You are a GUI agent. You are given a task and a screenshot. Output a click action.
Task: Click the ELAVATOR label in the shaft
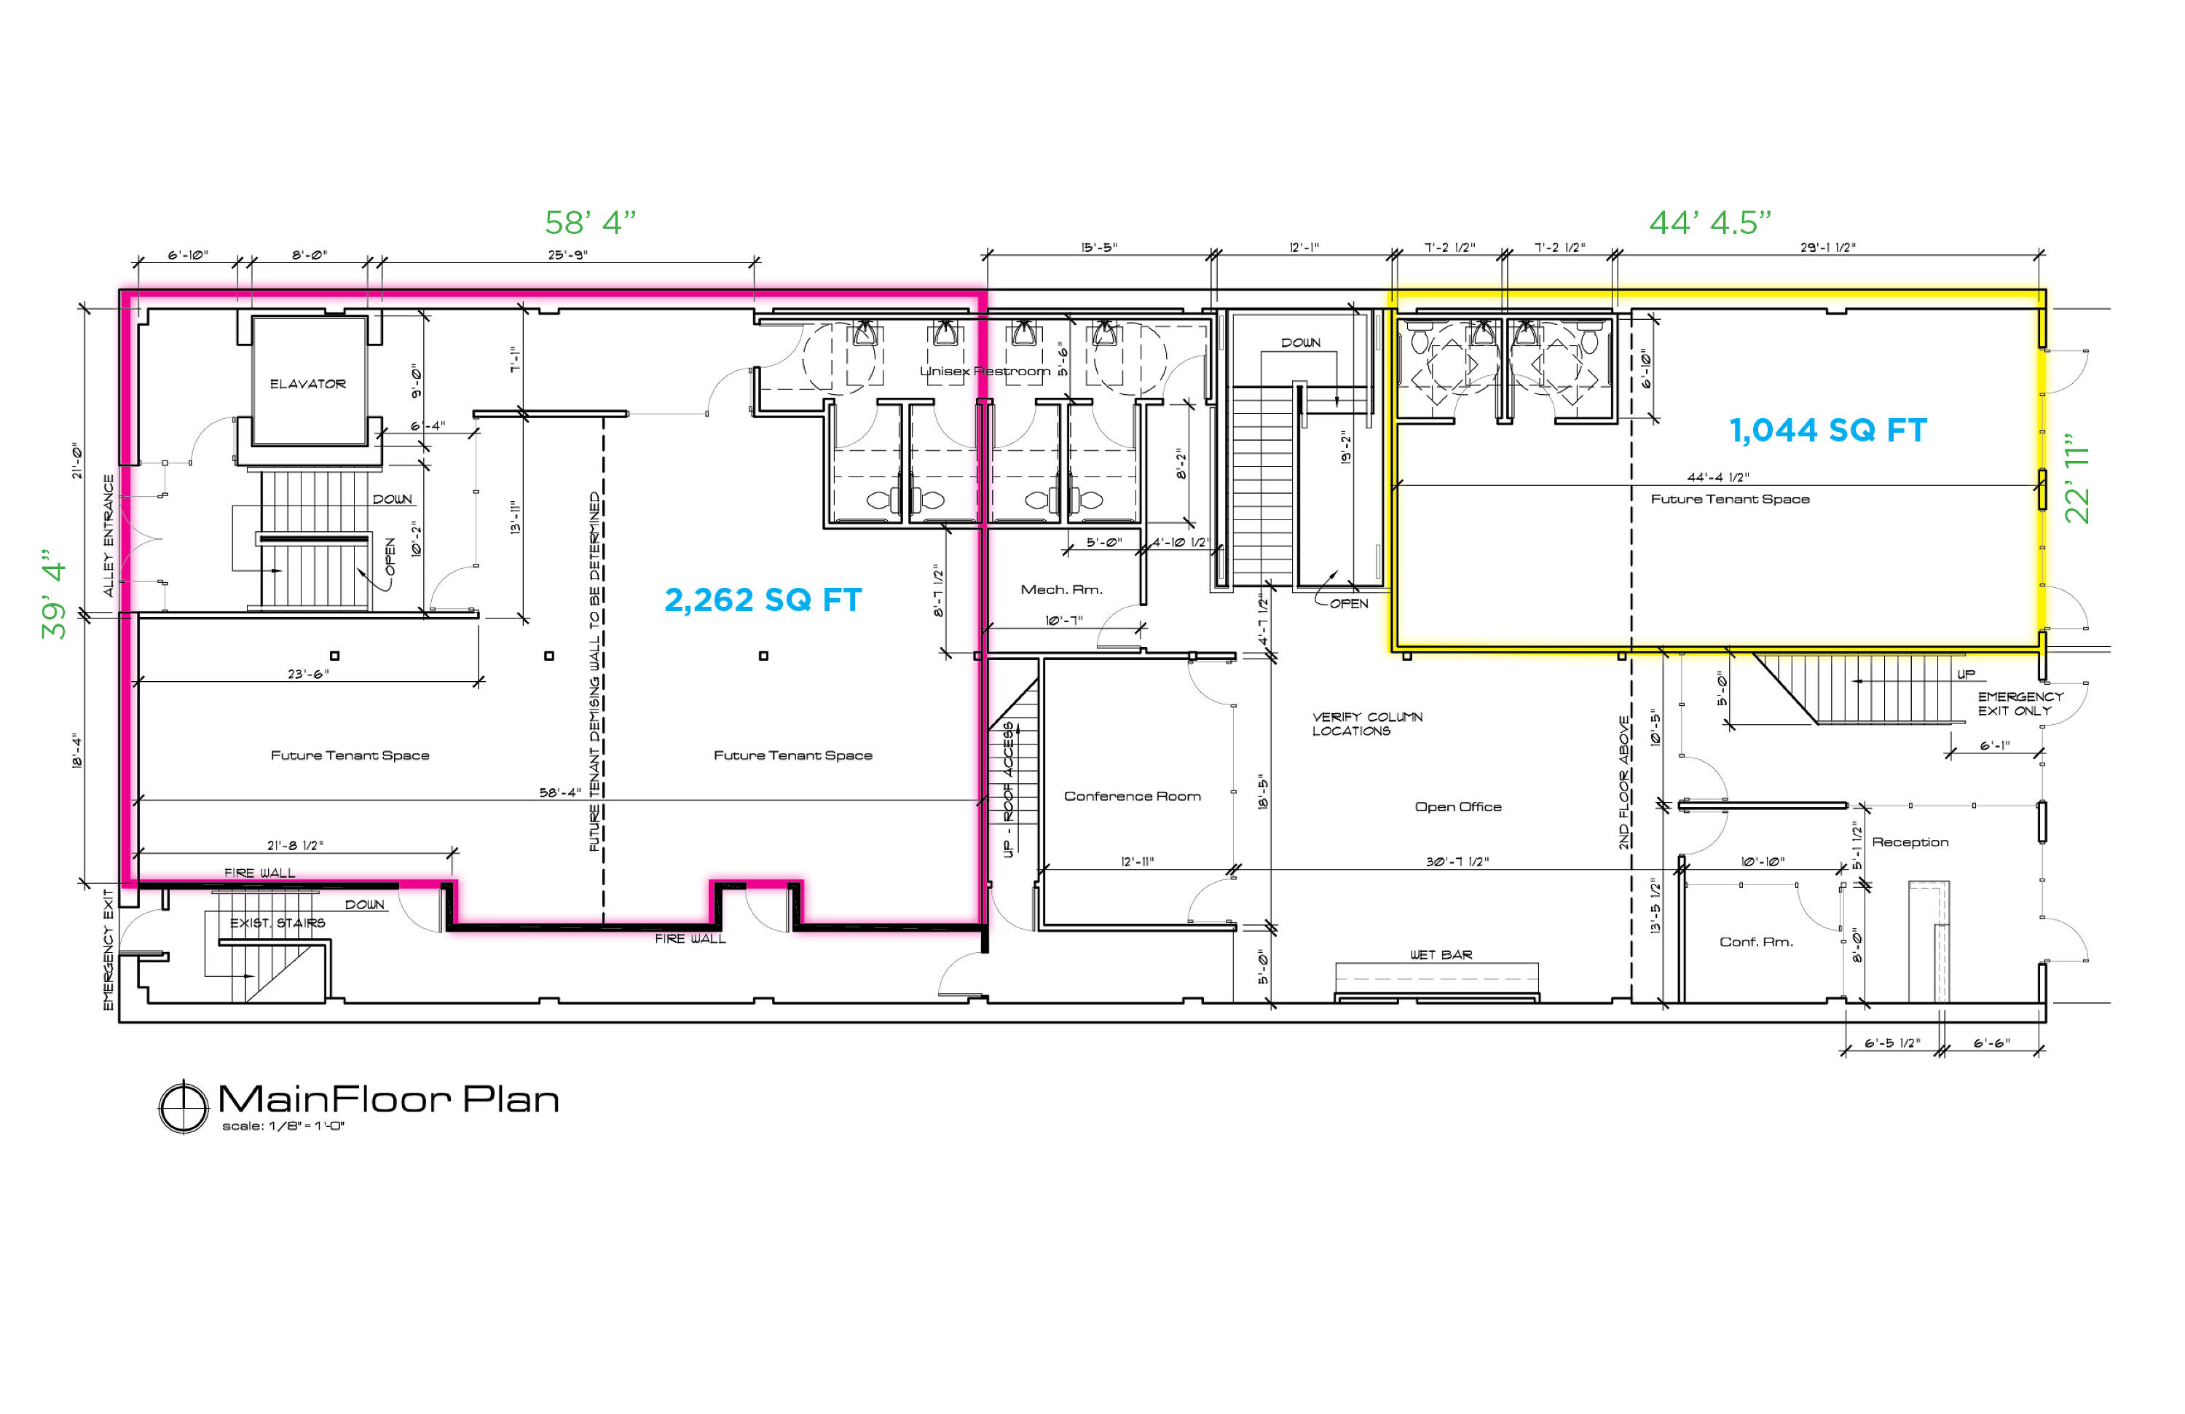pyautogui.click(x=307, y=384)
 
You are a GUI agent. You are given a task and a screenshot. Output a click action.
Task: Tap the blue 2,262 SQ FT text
pyautogui.click(x=763, y=600)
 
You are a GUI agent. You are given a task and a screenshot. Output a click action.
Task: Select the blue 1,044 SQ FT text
pyautogui.click(x=1828, y=431)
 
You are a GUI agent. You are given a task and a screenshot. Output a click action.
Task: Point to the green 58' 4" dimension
pyautogui.click(x=591, y=222)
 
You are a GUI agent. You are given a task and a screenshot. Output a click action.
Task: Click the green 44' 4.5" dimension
pyautogui.click(x=1710, y=222)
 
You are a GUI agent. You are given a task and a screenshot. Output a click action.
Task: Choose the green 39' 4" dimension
pyautogui.click(x=54, y=594)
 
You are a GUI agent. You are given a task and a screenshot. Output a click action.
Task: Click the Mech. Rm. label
pyautogui.click(x=1061, y=589)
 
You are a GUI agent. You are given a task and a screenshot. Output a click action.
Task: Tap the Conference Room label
pyautogui.click(x=1132, y=796)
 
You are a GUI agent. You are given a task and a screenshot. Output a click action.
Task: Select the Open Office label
pyautogui.click(x=1458, y=807)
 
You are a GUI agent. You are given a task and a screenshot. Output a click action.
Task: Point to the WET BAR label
pyautogui.click(x=1441, y=955)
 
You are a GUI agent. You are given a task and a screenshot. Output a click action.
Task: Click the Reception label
pyautogui.click(x=1910, y=843)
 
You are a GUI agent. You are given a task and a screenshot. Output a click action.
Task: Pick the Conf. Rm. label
pyautogui.click(x=1755, y=942)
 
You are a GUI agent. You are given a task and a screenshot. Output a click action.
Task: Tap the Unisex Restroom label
pyautogui.click(x=985, y=371)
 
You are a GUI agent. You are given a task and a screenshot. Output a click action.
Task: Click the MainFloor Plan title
pyautogui.click(x=388, y=1099)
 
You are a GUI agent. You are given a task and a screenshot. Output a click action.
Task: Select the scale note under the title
pyautogui.click(x=283, y=1126)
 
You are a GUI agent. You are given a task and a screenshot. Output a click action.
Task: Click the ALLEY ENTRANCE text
pyautogui.click(x=109, y=535)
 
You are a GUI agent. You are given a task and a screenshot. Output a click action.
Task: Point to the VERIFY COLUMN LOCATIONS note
pyautogui.click(x=1367, y=723)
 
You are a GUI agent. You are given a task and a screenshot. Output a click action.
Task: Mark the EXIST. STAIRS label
pyautogui.click(x=277, y=923)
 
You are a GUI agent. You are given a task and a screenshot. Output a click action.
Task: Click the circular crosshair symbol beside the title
pyautogui.click(x=184, y=1107)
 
